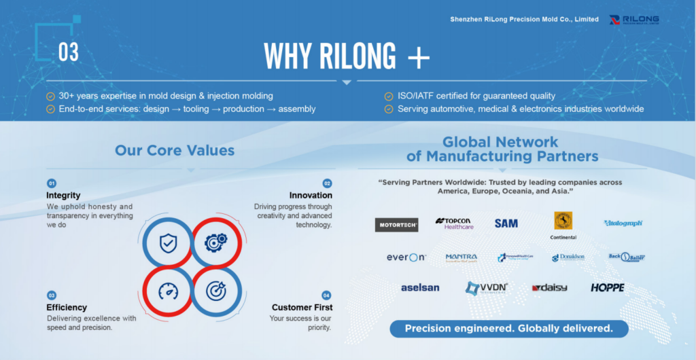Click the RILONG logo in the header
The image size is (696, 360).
(634, 20)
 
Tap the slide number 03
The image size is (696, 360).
(68, 53)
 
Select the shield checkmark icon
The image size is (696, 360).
(168, 242)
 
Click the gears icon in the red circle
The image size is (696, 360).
(215, 242)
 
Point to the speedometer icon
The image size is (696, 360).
(168, 291)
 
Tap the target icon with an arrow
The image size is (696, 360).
(215, 291)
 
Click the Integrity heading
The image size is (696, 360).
(63, 196)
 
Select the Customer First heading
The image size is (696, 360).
(302, 307)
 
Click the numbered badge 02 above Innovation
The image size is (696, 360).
(327, 183)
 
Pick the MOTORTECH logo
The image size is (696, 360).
(396, 224)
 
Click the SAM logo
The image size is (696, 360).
(506, 223)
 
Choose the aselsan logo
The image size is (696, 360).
(420, 287)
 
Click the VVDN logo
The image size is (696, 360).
(487, 288)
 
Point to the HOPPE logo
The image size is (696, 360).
(607, 288)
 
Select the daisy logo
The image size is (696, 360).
(549, 288)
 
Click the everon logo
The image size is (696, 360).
(406, 257)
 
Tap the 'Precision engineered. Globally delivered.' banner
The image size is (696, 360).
(508, 329)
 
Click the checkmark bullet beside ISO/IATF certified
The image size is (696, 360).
(388, 96)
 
